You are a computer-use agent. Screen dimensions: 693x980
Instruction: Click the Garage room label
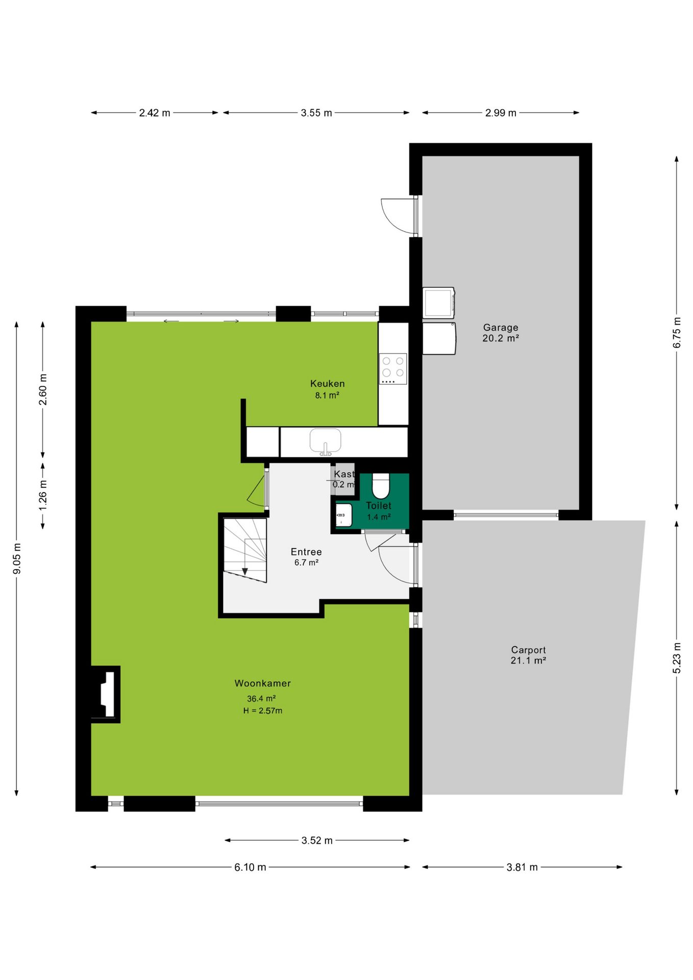(x=501, y=327)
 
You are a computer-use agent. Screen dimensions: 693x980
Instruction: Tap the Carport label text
(x=528, y=650)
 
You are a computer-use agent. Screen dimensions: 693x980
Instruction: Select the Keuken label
(x=328, y=383)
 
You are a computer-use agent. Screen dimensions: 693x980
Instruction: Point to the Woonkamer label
(x=263, y=683)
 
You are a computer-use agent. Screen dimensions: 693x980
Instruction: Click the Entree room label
(x=306, y=552)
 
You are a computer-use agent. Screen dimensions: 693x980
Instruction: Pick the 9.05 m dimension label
(x=17, y=558)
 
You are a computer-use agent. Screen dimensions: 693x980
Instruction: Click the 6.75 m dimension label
(x=677, y=333)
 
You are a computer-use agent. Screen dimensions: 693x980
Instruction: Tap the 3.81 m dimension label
(x=522, y=867)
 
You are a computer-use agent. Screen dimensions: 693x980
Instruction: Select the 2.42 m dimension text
(x=155, y=113)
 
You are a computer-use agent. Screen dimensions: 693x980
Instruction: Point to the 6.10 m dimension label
(x=250, y=867)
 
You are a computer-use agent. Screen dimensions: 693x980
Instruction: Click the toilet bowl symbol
(x=381, y=485)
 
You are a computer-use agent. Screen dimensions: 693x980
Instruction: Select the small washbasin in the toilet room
(x=343, y=515)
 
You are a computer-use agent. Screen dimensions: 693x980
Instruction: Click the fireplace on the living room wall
(x=106, y=694)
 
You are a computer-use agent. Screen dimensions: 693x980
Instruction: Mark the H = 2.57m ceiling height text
(x=263, y=710)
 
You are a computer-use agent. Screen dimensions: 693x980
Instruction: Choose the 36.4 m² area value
(x=261, y=698)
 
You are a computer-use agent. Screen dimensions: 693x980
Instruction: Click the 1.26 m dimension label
(x=43, y=495)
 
